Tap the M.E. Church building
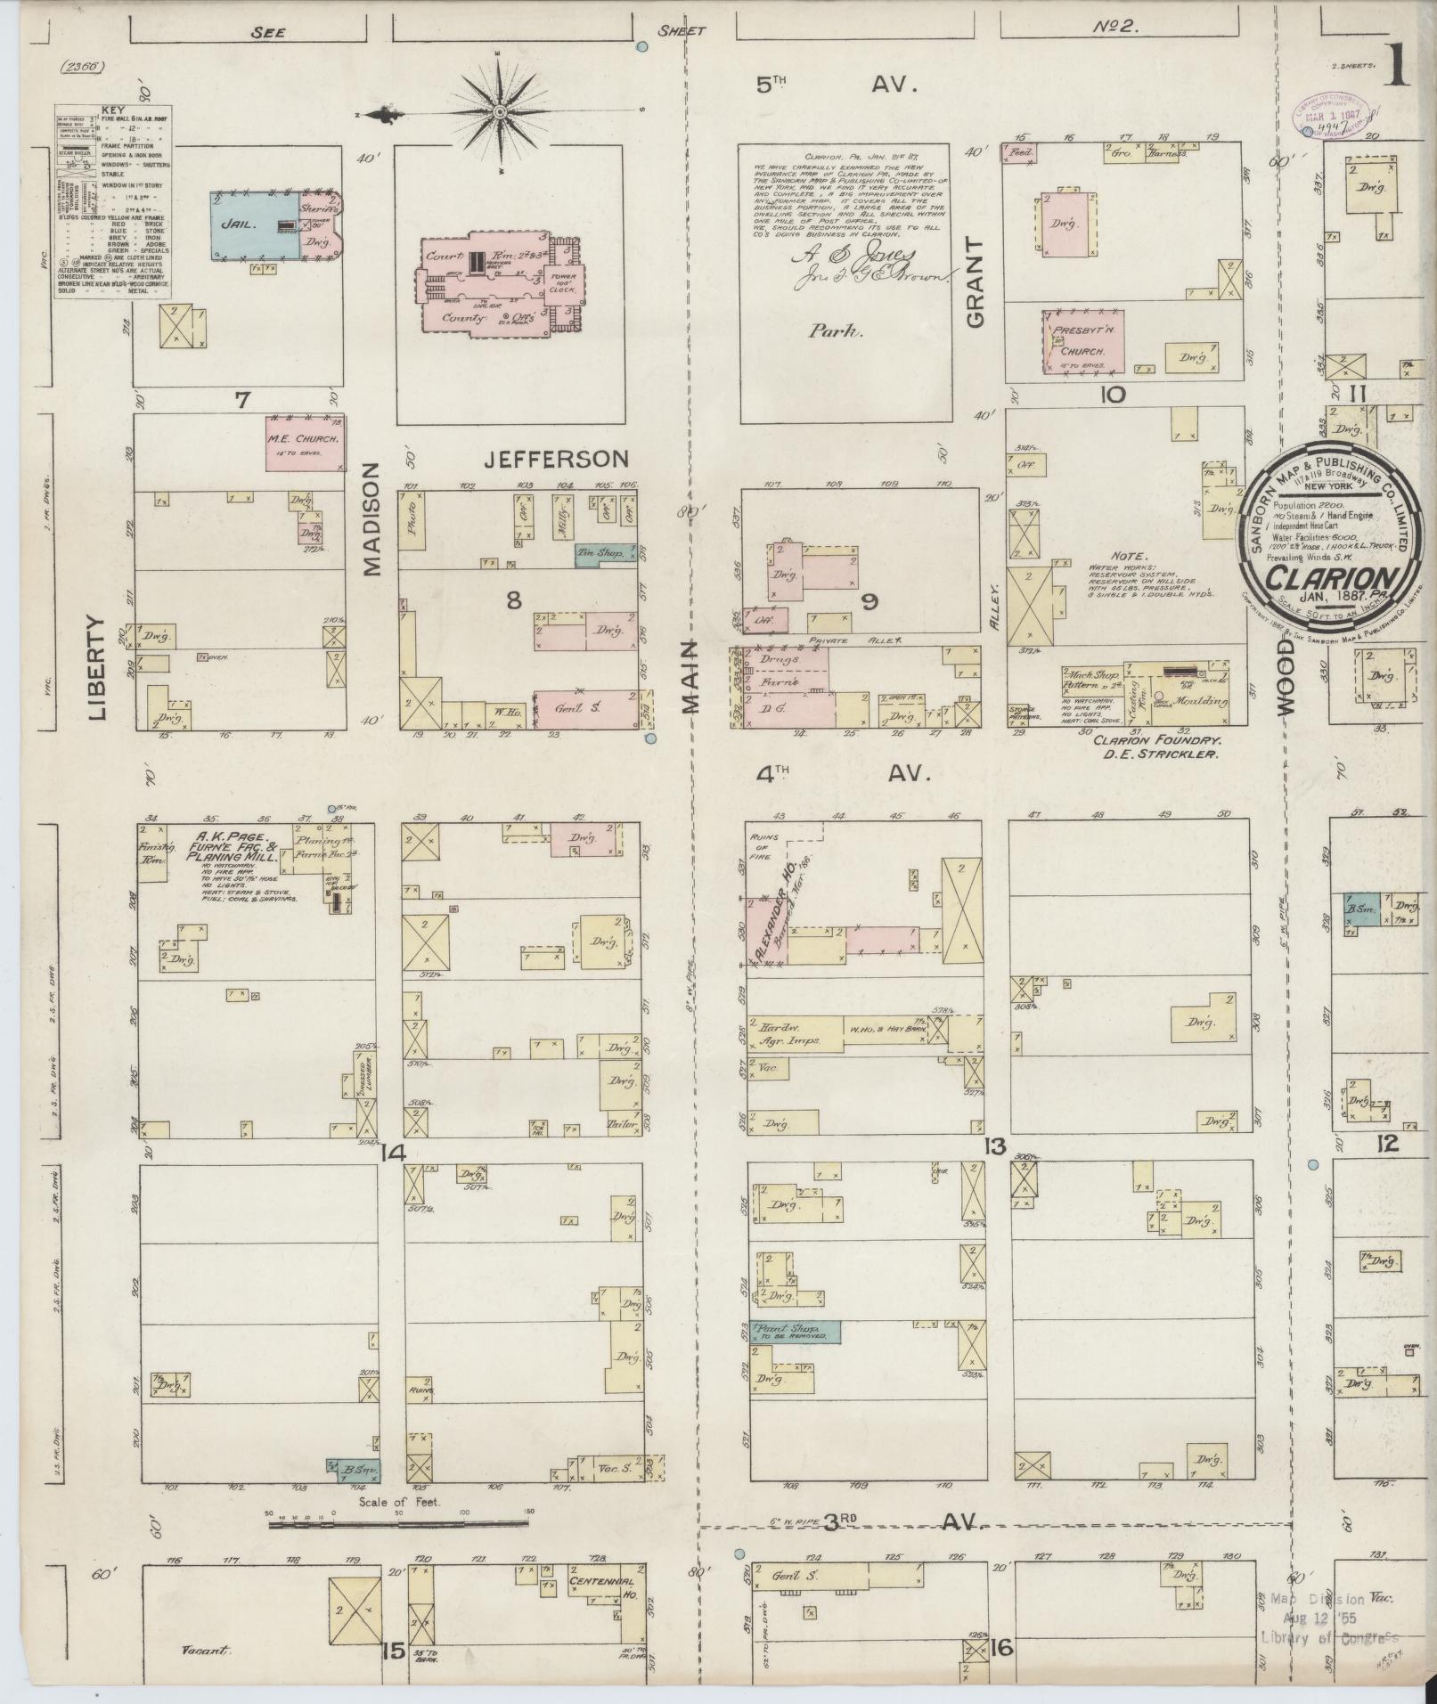click(x=305, y=442)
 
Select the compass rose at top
click(x=501, y=112)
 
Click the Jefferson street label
click(x=557, y=460)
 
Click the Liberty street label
click(x=97, y=667)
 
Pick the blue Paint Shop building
click(x=796, y=1332)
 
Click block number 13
click(x=994, y=1146)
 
